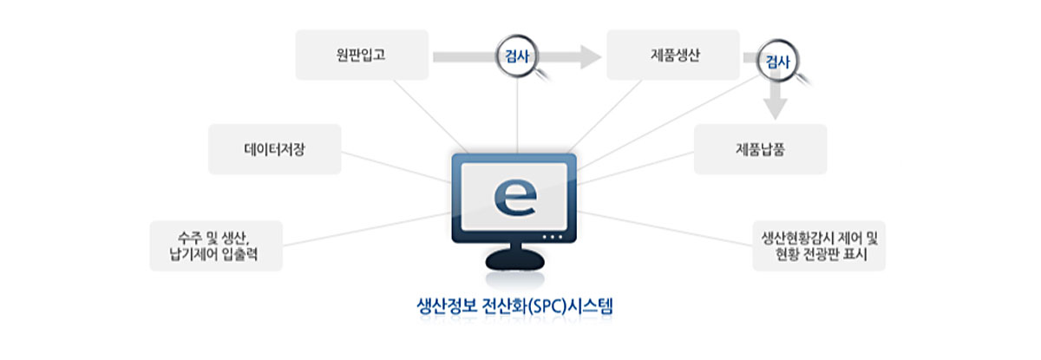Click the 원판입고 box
click(x=362, y=55)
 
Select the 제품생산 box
click(x=673, y=55)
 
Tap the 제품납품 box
click(x=759, y=149)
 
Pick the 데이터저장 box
click(x=274, y=149)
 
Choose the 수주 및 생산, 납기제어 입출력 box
click(x=216, y=245)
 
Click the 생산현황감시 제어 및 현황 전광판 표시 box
click(x=819, y=245)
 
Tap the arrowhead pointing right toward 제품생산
click(x=590, y=57)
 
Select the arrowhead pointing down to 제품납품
click(x=776, y=108)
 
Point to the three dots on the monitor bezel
click(x=552, y=238)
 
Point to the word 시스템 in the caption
click(x=597, y=306)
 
